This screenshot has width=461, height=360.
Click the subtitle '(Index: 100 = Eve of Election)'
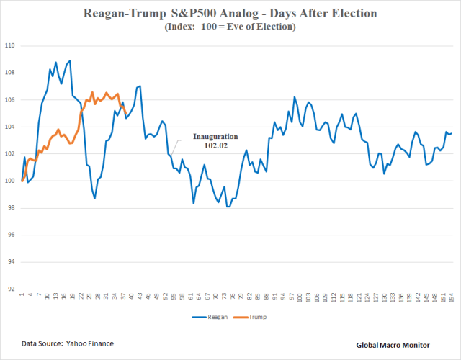tap(230, 27)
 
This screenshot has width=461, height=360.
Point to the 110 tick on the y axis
tap(10, 45)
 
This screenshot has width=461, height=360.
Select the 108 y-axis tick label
tap(10, 73)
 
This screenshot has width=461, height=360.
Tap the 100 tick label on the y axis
tap(10, 181)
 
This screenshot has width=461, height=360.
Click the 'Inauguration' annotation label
tap(215, 135)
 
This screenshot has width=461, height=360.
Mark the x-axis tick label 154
tap(452, 297)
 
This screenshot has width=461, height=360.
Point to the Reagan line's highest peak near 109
tap(70, 60)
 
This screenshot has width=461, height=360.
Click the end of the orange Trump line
tap(127, 112)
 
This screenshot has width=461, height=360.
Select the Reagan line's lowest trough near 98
tap(228, 207)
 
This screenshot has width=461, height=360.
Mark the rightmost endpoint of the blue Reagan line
tap(452, 132)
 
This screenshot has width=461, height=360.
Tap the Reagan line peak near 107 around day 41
tap(139, 86)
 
